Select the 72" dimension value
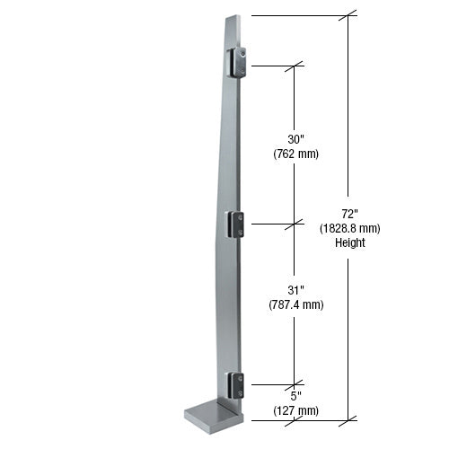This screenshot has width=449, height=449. coord(350,214)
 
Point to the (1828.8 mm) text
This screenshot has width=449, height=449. coord(350,228)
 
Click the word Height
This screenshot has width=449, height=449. coord(350,242)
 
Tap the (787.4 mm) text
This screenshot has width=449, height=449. coord(295,304)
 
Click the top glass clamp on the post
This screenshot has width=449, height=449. coord(240,63)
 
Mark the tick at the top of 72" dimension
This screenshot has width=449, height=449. coord(350,15)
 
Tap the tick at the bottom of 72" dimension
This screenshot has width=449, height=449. coord(350,419)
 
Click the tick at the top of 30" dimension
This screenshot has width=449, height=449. coord(295,66)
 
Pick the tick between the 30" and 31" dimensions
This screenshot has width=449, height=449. coord(295,224)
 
